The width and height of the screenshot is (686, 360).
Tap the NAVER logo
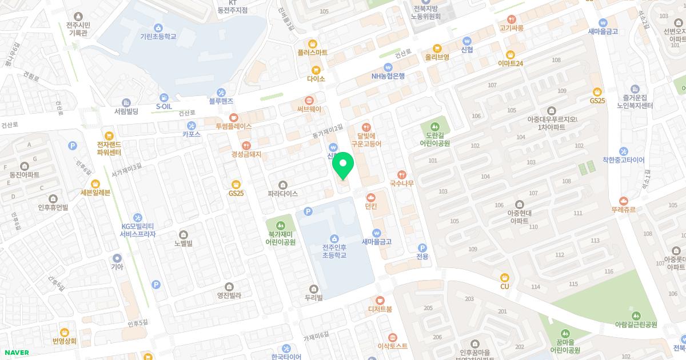click(x=16, y=352)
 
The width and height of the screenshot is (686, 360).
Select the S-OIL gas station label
click(x=165, y=106)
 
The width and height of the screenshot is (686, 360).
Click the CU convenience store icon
click(x=504, y=277)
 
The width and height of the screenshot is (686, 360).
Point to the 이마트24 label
click(x=510, y=63)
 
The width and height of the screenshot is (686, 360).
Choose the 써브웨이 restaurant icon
click(x=309, y=99)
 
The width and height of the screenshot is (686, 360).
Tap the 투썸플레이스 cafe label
click(x=233, y=126)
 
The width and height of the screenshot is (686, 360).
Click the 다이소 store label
click(x=316, y=79)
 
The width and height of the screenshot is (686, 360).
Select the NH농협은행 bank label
click(x=388, y=76)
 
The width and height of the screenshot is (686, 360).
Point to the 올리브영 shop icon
click(x=437, y=48)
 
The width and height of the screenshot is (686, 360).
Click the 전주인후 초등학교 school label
click(x=334, y=252)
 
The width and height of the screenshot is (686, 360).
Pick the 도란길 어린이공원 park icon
click(x=434, y=126)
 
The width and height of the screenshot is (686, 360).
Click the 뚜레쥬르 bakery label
click(x=623, y=210)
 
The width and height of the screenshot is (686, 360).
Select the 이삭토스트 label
click(x=392, y=346)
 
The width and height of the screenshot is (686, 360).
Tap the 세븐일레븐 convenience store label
click(x=95, y=193)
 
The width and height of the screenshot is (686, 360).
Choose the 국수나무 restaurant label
click(x=401, y=184)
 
